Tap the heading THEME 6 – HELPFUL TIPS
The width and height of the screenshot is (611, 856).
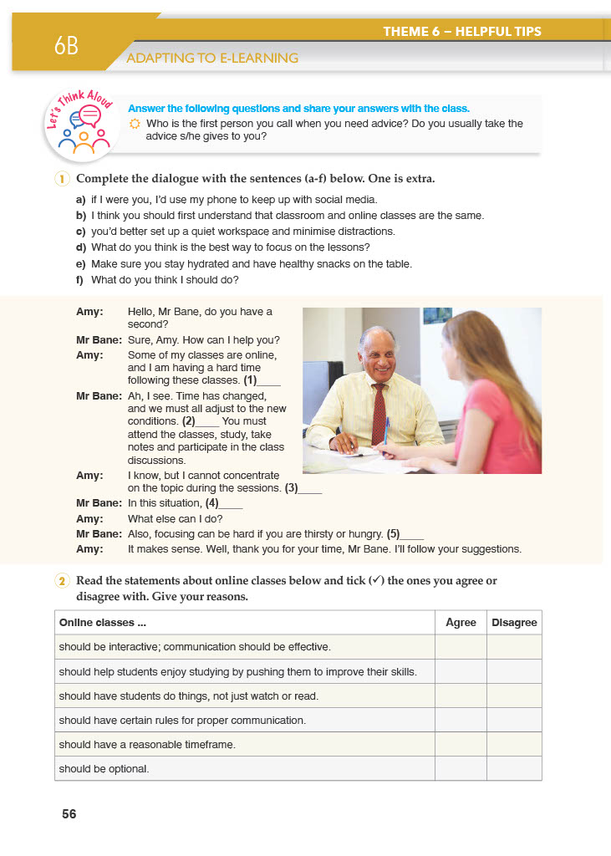462,32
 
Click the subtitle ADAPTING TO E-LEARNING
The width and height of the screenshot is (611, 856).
211,59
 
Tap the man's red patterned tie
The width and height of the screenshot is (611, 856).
379,413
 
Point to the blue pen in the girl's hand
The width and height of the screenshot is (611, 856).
385,431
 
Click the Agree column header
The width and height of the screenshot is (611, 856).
461,623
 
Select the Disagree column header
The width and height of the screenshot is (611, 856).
514,623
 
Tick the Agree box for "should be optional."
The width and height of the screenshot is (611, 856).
461,768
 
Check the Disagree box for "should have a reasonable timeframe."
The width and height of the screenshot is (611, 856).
514,744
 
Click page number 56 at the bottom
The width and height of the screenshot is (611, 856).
69,814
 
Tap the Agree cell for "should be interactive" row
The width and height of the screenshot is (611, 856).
461,647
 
